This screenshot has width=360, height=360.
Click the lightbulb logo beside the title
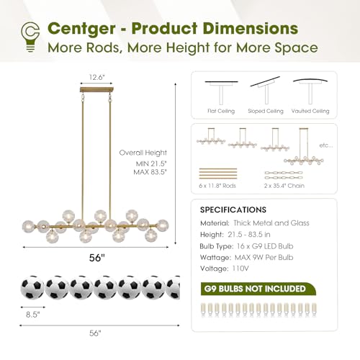30,37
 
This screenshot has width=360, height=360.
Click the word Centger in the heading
81,29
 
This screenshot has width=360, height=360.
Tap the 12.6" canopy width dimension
97,77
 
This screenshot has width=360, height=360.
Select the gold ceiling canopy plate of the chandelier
96,90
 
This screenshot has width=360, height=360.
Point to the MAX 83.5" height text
150,172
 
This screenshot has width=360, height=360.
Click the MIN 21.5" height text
151,163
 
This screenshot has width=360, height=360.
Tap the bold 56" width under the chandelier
97,258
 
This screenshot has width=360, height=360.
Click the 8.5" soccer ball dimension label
33,315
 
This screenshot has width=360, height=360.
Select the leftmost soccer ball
32,287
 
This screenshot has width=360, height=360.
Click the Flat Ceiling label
221,111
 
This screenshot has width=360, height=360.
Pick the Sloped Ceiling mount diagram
266,90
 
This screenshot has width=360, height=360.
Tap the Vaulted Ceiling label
310,111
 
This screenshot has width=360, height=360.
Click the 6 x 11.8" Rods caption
217,186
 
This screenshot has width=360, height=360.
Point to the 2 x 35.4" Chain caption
284,186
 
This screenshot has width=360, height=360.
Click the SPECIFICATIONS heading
233,210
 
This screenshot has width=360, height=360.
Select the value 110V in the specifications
240,269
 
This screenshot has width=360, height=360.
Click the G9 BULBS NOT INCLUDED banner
258,289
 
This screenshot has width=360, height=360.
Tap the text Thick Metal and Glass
271,223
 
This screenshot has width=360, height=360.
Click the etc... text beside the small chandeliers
326,145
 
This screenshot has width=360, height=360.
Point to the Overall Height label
143,153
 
